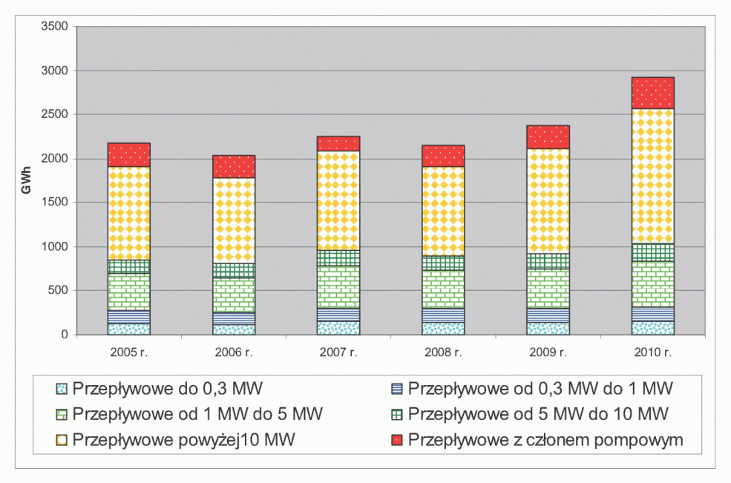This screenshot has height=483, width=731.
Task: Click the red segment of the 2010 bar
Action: click(x=652, y=93)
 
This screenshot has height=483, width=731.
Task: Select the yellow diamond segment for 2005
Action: click(x=128, y=212)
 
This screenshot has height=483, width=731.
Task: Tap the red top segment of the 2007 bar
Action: click(x=338, y=143)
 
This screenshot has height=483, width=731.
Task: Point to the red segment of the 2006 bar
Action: click(x=234, y=166)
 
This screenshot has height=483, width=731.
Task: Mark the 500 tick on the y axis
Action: click(x=58, y=290)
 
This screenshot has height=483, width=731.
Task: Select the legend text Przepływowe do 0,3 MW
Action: click(x=168, y=387)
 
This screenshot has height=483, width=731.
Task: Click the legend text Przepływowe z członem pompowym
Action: click(x=545, y=440)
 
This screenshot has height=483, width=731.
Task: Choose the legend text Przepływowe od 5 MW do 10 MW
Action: click(x=538, y=413)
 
